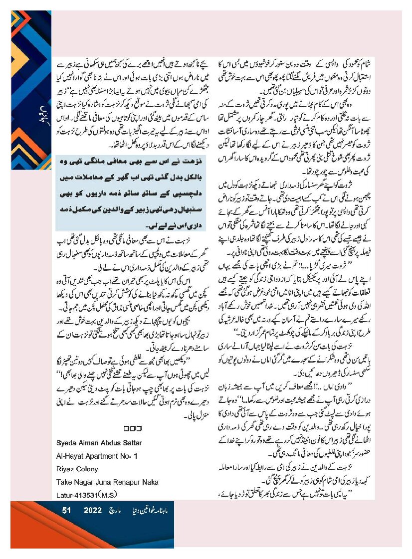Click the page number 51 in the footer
pos(66,511)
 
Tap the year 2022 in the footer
pos(93,511)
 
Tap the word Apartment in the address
pos(99,456)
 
